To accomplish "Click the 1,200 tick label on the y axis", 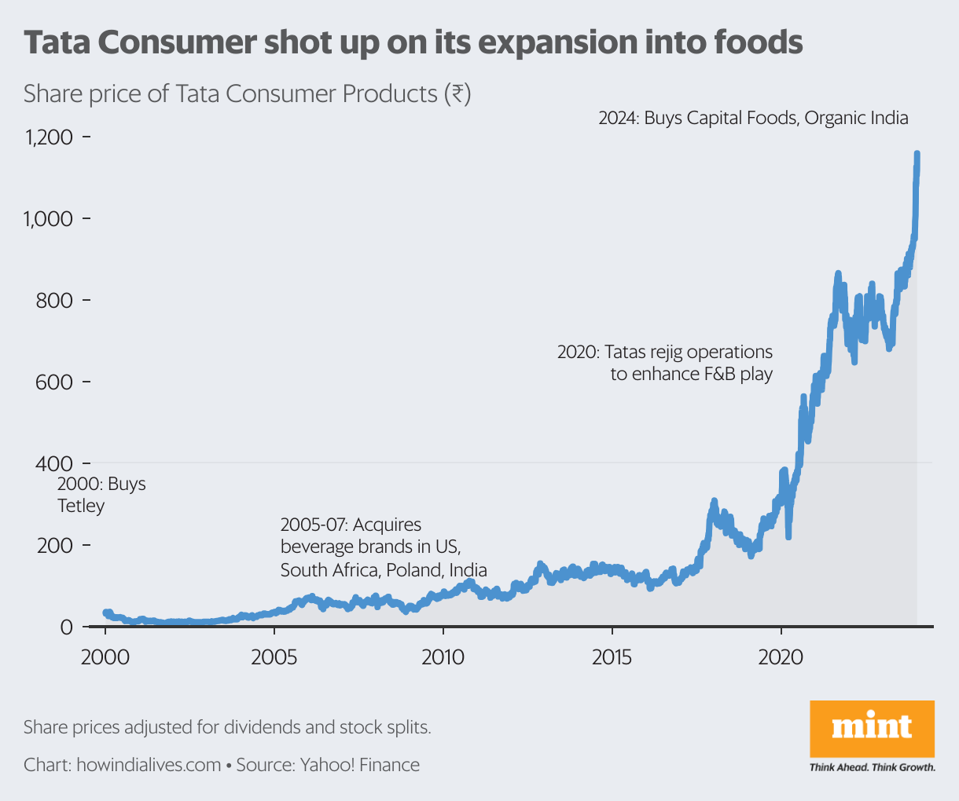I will (x=49, y=138).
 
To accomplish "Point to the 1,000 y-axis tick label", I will (x=49, y=219).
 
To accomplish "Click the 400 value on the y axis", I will (x=53, y=463).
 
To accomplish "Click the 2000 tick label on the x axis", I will (x=105, y=657).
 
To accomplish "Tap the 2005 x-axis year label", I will (x=274, y=657).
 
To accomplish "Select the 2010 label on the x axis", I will (x=443, y=657).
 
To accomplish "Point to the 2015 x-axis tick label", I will (x=612, y=657).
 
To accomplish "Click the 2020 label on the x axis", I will (x=781, y=657).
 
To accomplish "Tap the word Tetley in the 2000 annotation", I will (x=81, y=506).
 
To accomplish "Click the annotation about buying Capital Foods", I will (x=753, y=119).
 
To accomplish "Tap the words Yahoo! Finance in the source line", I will (x=359, y=765).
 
